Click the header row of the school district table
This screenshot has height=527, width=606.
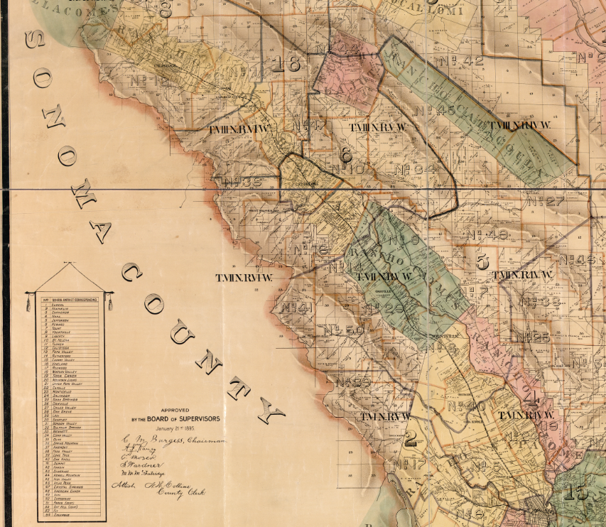pyautogui.click(x=67, y=300)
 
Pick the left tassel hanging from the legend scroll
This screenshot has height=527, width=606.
pyautogui.click(x=28, y=303)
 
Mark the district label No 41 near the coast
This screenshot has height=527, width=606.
pyautogui.click(x=297, y=308)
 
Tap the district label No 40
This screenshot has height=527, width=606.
pyautogui.click(x=467, y=406)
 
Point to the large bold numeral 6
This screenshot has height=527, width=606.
pyautogui.click(x=346, y=154)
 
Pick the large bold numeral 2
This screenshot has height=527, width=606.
pyautogui.click(x=410, y=439)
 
